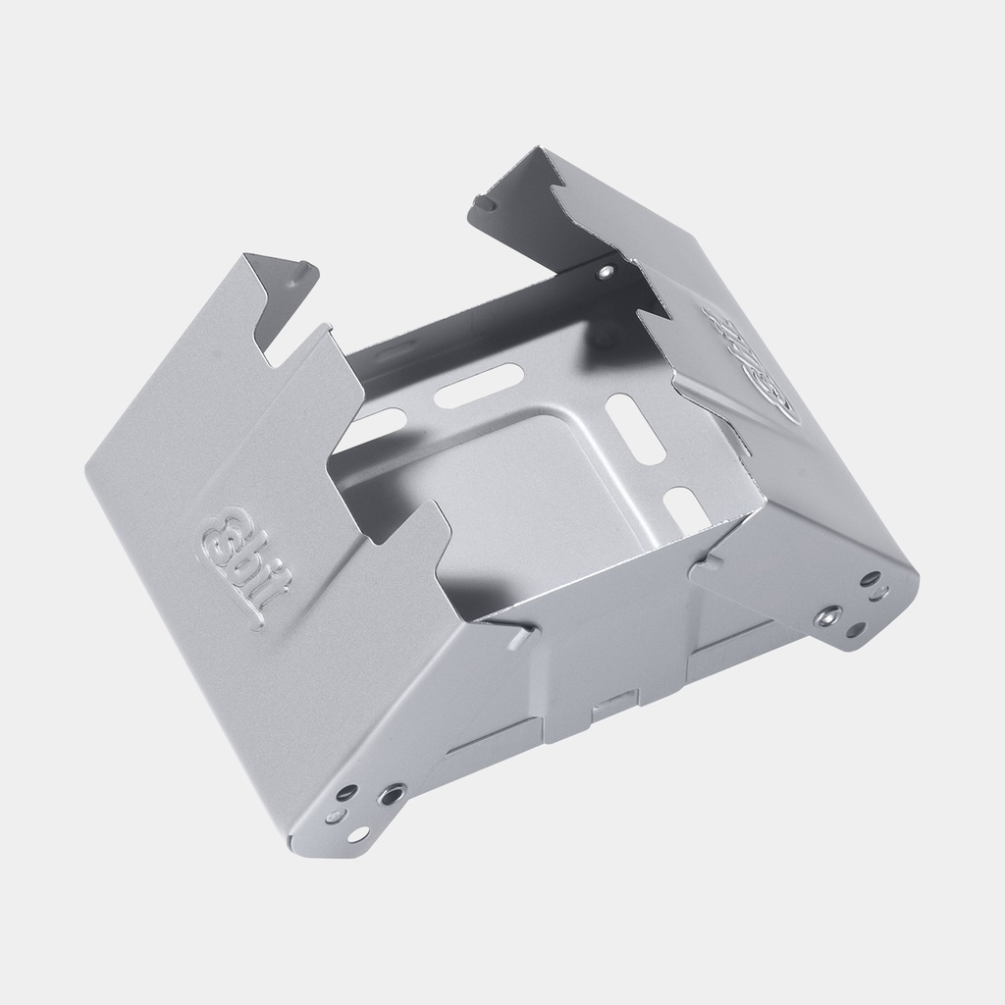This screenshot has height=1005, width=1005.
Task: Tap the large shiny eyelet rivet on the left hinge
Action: pyautogui.click(x=392, y=793)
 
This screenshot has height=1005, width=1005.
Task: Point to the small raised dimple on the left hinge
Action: pyautogui.click(x=334, y=817)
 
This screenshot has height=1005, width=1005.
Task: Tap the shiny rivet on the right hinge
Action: pyautogui.click(x=830, y=615)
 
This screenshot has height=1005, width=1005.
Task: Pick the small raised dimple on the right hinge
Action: pyautogui.click(x=881, y=592)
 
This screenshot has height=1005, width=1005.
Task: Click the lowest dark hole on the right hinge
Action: pyautogui.click(x=855, y=630)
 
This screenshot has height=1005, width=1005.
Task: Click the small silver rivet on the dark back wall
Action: pyautogui.click(x=606, y=271)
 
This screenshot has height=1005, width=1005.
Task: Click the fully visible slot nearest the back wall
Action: pyautogui.click(x=479, y=385)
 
